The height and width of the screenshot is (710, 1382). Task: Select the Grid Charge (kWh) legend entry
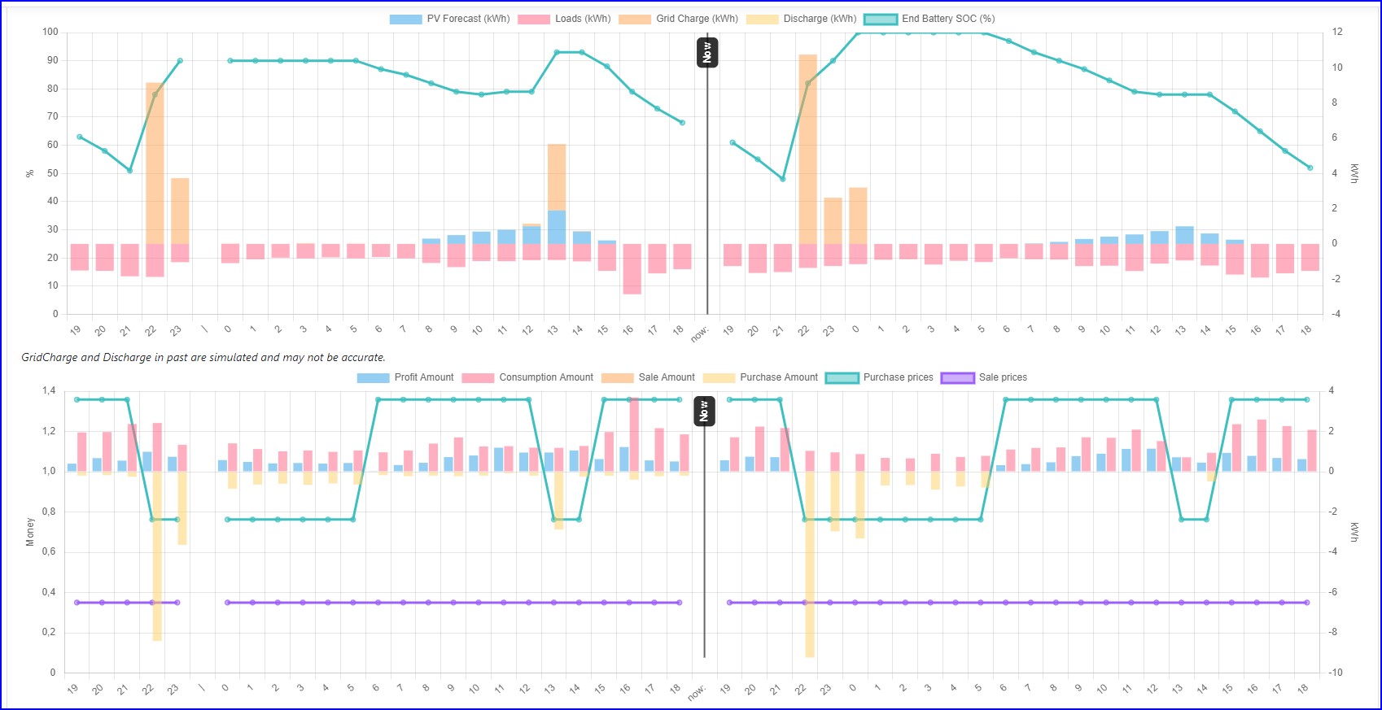(x=679, y=19)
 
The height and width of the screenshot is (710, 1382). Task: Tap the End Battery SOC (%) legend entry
(x=929, y=19)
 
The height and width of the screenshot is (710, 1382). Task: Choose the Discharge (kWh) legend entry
(x=802, y=19)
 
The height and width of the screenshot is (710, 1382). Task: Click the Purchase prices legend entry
(x=880, y=377)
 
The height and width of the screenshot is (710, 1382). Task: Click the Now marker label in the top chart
(x=706, y=53)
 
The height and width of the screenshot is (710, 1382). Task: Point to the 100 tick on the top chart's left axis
(x=50, y=32)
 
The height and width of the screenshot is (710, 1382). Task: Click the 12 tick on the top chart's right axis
(x=1337, y=32)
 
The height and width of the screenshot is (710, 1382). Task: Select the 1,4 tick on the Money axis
(x=49, y=391)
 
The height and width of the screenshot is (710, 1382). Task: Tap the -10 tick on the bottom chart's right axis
(x=1336, y=673)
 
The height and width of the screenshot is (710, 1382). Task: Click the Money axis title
(x=30, y=532)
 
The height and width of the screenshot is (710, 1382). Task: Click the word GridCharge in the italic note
(x=49, y=357)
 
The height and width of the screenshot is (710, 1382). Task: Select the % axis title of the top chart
(x=30, y=173)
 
